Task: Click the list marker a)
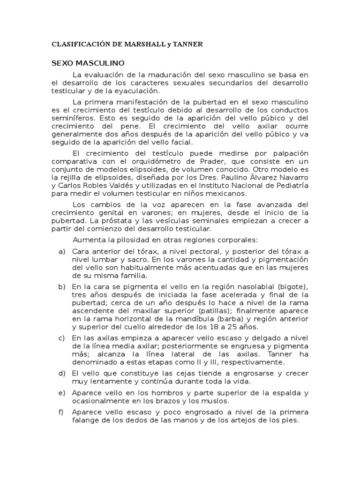[61, 251]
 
